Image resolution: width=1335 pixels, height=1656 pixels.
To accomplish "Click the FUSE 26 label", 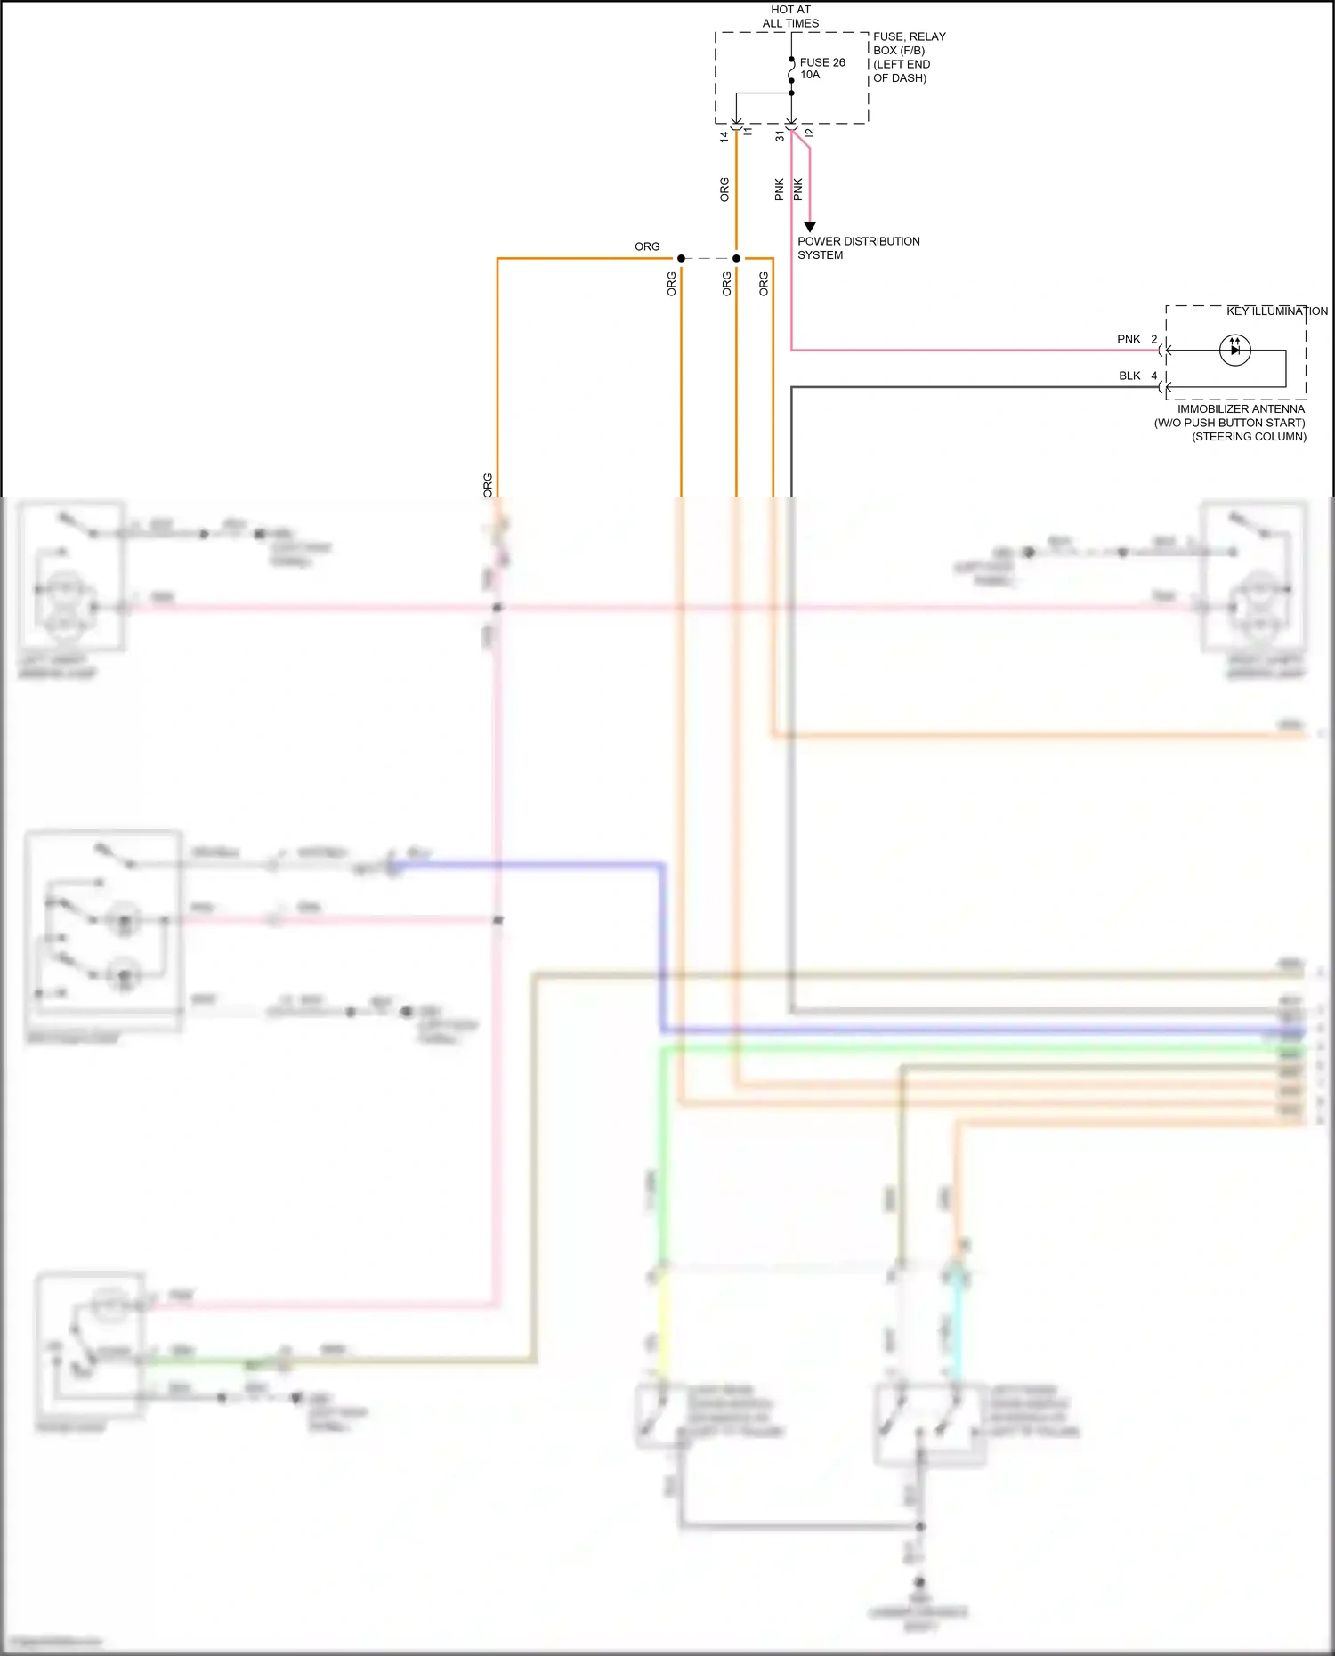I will click(821, 62).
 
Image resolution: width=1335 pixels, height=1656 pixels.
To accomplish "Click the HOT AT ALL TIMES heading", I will click(790, 16).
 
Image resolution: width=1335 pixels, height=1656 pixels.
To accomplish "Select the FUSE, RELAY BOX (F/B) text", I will click(909, 43).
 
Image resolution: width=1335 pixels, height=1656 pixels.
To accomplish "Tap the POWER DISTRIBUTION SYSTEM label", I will click(857, 247).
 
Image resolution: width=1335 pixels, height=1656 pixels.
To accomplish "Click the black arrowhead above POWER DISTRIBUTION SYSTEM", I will click(810, 227).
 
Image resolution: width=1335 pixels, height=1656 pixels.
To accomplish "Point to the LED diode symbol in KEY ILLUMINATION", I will click(1234, 350).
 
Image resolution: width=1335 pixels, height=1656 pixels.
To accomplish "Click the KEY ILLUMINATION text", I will click(1276, 311).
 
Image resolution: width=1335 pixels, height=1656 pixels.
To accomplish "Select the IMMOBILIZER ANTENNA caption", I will click(1240, 408).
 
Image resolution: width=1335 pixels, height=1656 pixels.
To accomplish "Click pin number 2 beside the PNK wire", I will click(1154, 339).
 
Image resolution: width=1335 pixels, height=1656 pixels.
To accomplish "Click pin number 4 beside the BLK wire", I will click(1154, 376).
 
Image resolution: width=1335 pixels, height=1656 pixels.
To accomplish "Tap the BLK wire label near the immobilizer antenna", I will click(1129, 376).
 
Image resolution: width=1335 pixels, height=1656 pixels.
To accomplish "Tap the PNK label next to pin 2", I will click(1129, 339).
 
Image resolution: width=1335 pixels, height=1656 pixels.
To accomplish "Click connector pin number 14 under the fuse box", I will click(724, 136).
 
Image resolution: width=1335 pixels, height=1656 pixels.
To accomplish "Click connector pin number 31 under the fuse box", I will click(780, 136).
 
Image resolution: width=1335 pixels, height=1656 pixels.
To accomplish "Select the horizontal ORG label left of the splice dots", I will click(647, 246).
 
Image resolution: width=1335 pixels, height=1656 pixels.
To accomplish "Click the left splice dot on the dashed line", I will click(681, 258).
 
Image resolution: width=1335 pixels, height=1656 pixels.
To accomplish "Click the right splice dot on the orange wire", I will click(736, 258).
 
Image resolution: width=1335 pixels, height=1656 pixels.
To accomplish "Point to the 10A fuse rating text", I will click(810, 75).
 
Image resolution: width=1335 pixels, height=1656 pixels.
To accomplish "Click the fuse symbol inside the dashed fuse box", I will click(791, 69).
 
